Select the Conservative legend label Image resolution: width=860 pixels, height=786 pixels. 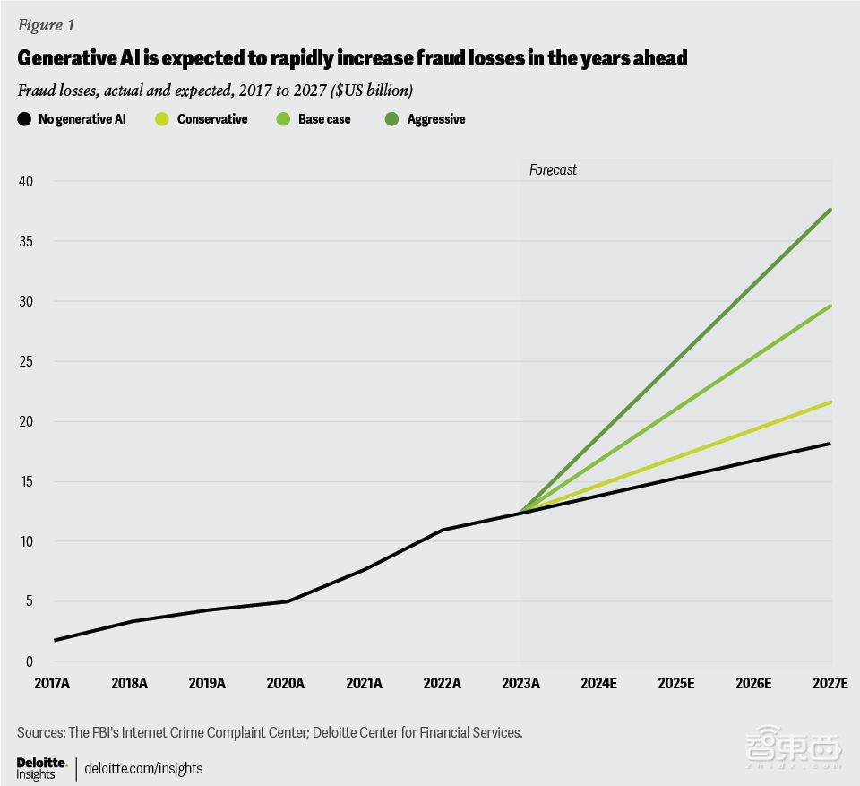click(x=212, y=118)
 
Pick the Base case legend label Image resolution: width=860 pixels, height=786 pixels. click(x=324, y=118)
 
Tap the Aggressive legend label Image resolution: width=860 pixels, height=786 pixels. click(x=436, y=118)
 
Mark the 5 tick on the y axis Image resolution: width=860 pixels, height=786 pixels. click(x=29, y=601)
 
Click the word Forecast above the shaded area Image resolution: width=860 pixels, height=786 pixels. click(x=553, y=169)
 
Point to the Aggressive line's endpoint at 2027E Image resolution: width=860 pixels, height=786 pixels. click(x=830, y=210)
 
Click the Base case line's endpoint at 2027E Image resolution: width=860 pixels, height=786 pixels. click(x=830, y=306)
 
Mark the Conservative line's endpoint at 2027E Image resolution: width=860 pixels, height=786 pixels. click(x=830, y=402)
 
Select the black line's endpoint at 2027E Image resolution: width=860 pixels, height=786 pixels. click(x=830, y=444)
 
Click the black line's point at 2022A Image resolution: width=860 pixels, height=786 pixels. click(x=443, y=530)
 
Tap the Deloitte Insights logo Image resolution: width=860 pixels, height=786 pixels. click(x=42, y=767)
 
